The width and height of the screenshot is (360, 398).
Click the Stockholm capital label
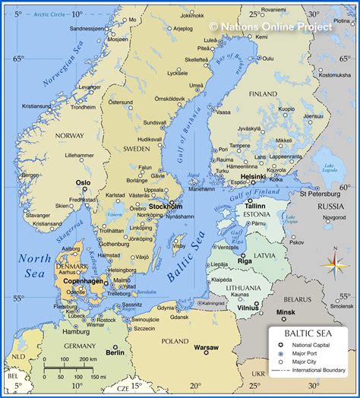point(165,206)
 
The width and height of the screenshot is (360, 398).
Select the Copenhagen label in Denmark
point(83,281)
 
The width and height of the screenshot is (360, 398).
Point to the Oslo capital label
point(83,182)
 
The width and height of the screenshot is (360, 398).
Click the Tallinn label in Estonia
point(255,206)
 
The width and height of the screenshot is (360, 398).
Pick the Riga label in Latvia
point(245,261)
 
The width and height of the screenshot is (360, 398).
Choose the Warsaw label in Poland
point(206,348)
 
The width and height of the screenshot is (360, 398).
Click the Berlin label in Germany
point(115,352)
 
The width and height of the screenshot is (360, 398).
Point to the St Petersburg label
point(318,193)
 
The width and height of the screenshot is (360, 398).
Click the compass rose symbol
point(333,266)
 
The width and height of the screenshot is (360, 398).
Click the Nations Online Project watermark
point(270,27)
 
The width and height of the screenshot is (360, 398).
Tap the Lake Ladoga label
point(330,168)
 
